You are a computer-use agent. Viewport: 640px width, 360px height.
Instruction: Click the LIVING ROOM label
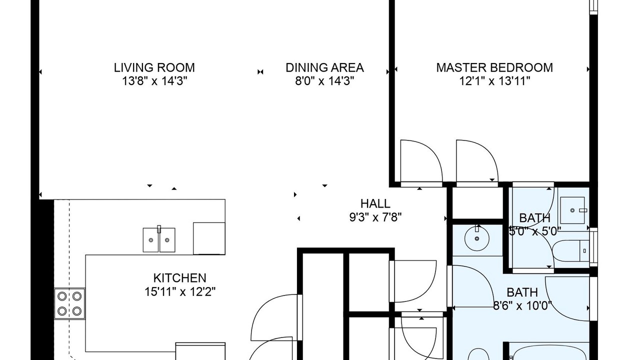click(x=154, y=67)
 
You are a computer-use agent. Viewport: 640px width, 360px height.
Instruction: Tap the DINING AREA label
click(x=324, y=67)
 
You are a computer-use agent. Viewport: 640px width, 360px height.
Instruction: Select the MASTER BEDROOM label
click(x=494, y=67)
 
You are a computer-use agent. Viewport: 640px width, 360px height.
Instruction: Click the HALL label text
click(x=375, y=203)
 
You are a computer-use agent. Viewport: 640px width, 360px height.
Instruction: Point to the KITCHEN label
click(x=179, y=278)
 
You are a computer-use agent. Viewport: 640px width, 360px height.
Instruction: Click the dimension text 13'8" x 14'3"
click(x=154, y=81)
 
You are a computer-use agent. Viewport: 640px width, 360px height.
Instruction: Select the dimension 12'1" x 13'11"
click(x=494, y=81)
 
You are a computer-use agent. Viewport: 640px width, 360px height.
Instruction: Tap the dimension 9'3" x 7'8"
click(x=375, y=217)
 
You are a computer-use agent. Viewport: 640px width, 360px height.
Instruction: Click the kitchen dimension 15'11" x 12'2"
click(x=179, y=291)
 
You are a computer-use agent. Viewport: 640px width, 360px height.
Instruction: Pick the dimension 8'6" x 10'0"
click(x=522, y=305)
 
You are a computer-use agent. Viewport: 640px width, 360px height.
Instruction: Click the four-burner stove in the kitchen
click(x=69, y=303)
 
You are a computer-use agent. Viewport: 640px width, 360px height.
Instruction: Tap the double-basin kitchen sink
click(x=159, y=239)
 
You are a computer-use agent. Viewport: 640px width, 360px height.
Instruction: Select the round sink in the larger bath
click(x=477, y=238)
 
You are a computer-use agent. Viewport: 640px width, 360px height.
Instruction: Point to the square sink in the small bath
click(x=572, y=210)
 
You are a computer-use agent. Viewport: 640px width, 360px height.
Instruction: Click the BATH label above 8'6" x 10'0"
click(x=522, y=292)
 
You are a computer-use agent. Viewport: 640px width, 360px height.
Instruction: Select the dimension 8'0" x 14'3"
click(x=324, y=81)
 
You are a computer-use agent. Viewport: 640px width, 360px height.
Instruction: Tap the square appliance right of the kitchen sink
click(x=209, y=238)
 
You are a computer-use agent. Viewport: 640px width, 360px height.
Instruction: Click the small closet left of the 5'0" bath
click(x=477, y=203)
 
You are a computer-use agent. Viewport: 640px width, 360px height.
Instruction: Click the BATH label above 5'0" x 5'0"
click(x=534, y=218)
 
